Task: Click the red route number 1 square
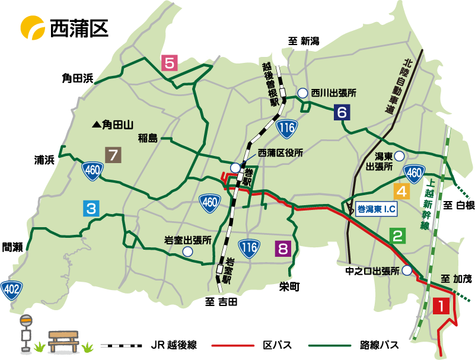pos(441,305)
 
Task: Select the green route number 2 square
pos(399,236)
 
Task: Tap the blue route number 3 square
pos(91,208)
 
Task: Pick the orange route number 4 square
pos(401,192)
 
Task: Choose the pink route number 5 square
pos(170,63)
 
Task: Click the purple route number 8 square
pos(283,249)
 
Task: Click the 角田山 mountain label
pos(113,125)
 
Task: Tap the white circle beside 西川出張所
pos(302,93)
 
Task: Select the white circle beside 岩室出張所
pos(188,251)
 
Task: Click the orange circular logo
pos(32,28)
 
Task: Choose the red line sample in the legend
pos(233,345)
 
